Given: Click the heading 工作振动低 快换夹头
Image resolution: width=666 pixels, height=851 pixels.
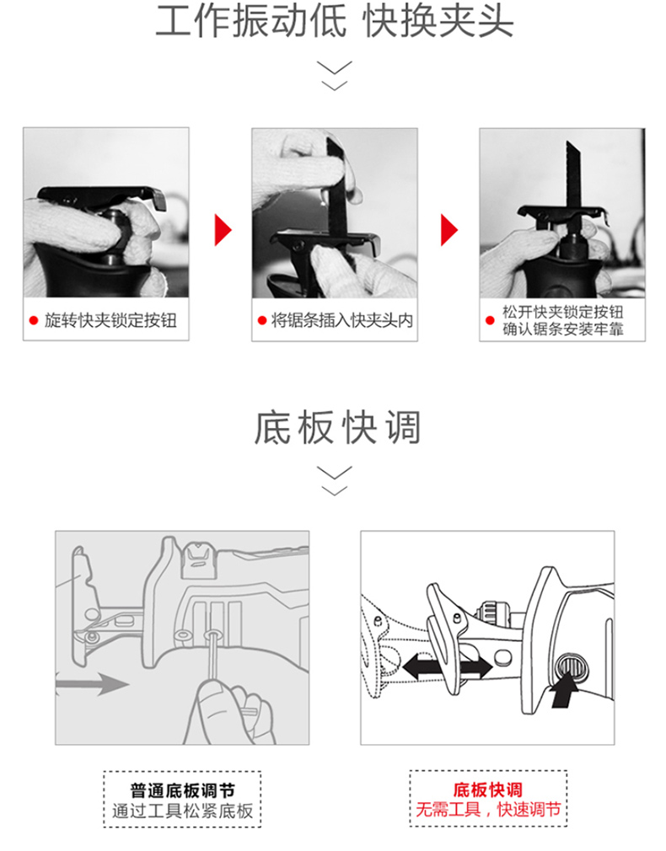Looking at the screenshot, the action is (335, 22).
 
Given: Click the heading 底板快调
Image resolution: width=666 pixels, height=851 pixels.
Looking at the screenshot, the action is (337, 428).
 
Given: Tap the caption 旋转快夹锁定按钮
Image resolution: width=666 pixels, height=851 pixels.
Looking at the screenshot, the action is (110, 320).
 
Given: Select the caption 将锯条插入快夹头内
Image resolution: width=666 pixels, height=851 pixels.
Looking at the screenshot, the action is (342, 320).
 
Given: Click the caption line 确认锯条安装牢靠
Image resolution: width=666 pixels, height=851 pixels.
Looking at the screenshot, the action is (563, 329).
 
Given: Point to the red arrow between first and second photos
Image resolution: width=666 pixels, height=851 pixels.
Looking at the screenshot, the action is (223, 229).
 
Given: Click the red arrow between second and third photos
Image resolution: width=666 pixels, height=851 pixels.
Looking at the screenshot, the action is (448, 229).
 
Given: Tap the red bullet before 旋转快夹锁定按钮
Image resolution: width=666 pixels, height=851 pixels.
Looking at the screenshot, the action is (34, 320).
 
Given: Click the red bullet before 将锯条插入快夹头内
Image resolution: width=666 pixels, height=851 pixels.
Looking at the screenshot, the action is (262, 320).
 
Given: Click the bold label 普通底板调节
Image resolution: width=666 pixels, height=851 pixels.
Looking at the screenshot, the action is (182, 790).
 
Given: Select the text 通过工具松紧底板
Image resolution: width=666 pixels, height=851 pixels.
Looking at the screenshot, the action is (183, 811).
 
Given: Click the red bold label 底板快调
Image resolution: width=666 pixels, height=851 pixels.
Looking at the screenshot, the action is (488, 789).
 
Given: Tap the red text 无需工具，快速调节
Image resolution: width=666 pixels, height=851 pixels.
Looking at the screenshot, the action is (488, 810).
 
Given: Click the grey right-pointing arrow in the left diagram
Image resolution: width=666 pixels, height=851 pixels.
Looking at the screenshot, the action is (93, 682).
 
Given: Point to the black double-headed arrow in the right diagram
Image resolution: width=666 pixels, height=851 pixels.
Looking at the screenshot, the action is (447, 666).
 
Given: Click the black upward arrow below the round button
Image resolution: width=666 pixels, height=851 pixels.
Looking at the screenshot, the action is (565, 691).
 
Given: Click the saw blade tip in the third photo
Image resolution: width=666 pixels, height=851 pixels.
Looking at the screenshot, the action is (567, 142).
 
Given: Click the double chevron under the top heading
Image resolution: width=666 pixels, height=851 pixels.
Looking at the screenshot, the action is (335, 76).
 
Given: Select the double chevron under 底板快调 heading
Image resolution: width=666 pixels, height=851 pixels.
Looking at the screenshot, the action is (335, 480).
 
